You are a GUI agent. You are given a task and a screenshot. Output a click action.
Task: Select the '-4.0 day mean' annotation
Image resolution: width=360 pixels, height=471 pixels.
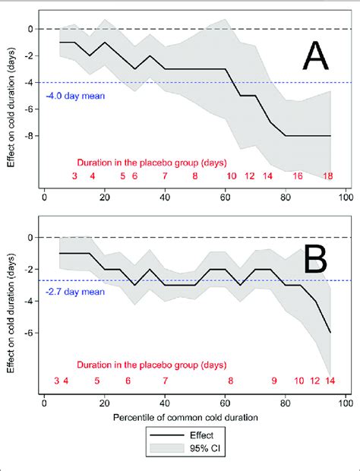point(75,96)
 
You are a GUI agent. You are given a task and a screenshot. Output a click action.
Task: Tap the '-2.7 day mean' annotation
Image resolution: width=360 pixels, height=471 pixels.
point(75,291)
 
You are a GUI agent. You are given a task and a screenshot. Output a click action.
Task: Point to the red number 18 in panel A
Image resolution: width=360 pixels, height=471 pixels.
point(328,176)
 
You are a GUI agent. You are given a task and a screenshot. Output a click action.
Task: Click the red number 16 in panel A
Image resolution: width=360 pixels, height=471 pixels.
point(298,176)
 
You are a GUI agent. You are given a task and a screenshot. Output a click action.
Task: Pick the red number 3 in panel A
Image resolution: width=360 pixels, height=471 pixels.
point(74,176)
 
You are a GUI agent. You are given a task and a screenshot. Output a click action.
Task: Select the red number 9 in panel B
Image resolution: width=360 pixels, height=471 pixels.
point(274,381)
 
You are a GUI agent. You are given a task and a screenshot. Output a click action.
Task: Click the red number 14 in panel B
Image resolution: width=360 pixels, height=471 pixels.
point(330,381)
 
